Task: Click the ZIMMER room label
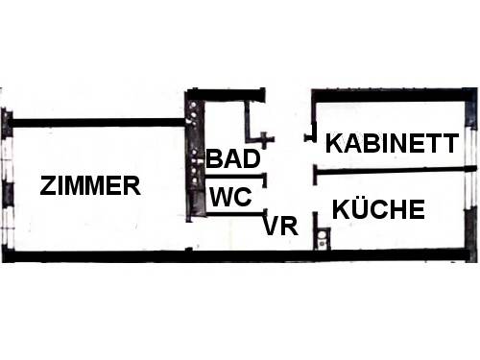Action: (x=90, y=185)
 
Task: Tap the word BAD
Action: (x=233, y=158)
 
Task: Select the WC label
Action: (x=230, y=197)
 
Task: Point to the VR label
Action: (x=280, y=226)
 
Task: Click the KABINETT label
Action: (x=392, y=143)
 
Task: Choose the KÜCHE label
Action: (x=378, y=208)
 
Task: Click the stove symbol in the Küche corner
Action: (x=323, y=239)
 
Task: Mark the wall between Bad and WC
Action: (x=235, y=177)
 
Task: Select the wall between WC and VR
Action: (x=235, y=213)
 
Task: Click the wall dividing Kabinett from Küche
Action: (x=395, y=171)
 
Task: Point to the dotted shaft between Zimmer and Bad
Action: (x=194, y=160)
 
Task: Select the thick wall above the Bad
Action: (x=226, y=95)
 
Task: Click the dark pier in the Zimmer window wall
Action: (x=8, y=194)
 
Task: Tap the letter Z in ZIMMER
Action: (x=48, y=185)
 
